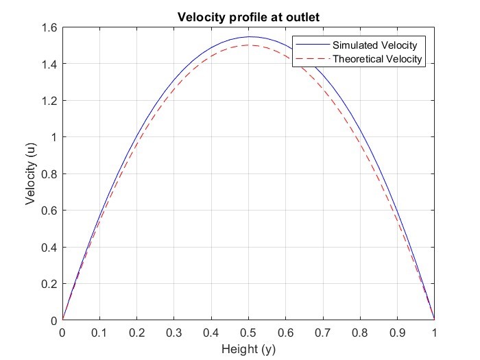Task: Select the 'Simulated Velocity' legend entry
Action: point(374,45)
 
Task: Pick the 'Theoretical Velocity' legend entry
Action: point(379,60)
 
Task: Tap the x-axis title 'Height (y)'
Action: point(248,348)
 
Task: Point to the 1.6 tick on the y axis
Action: point(49,27)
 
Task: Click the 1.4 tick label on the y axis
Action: point(49,64)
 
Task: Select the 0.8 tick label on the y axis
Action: point(49,174)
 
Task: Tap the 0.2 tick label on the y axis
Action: point(49,284)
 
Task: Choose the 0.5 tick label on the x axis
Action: point(248,332)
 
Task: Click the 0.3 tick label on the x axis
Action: point(174,332)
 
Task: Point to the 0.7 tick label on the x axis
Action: point(323,332)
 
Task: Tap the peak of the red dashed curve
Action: point(248,45)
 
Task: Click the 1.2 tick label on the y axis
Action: point(49,101)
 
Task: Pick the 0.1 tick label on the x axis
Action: point(99,332)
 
